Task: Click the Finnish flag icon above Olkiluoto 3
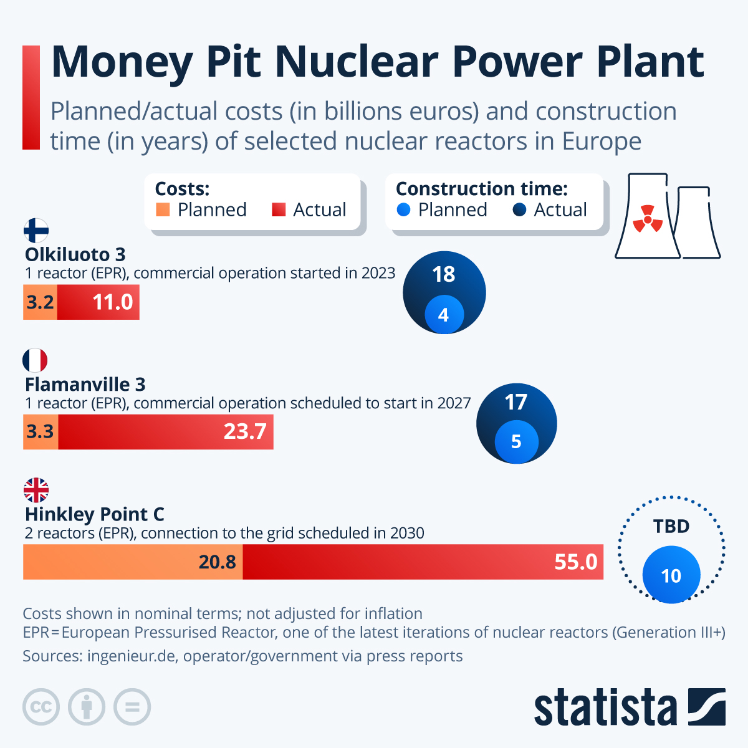[36, 231]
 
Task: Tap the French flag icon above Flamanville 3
[35, 360]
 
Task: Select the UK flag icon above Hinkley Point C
[36, 490]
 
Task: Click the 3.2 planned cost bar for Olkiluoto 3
[40, 302]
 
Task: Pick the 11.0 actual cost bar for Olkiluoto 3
[98, 302]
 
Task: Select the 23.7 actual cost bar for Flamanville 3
[166, 431]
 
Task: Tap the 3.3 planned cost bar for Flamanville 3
[40, 431]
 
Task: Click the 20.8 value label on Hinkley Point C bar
[217, 562]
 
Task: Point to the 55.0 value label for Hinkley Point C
[575, 562]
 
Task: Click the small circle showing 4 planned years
[444, 315]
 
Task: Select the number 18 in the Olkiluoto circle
[444, 274]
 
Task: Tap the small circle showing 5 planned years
[516, 441]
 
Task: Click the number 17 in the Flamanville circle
[516, 403]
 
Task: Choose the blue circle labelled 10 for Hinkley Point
[671, 575]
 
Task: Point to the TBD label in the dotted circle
[671, 527]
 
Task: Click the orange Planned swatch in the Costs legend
[163, 210]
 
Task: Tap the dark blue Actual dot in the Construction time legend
[519, 210]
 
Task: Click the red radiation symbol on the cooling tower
[648, 219]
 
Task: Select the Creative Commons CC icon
[41, 707]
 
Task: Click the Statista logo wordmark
[605, 707]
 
